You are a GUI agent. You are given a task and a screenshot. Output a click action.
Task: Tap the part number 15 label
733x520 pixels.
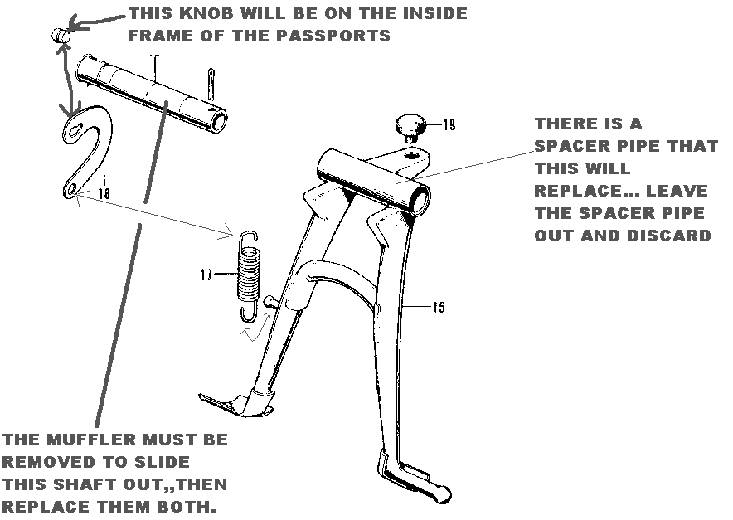(438, 308)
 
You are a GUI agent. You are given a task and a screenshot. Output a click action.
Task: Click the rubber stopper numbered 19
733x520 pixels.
(409, 127)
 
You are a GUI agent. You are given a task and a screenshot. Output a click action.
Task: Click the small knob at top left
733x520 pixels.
(59, 35)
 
